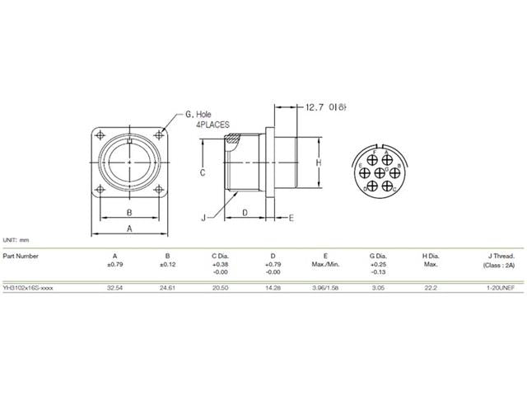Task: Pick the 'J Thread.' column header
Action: [498, 256]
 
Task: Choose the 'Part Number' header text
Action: [21, 256]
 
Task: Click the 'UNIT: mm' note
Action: [16, 238]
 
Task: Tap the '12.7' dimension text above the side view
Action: [315, 107]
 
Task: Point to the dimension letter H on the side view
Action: [317, 163]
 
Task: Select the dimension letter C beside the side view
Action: [202, 173]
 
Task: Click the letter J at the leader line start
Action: [203, 218]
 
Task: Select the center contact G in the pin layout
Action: [380, 172]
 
